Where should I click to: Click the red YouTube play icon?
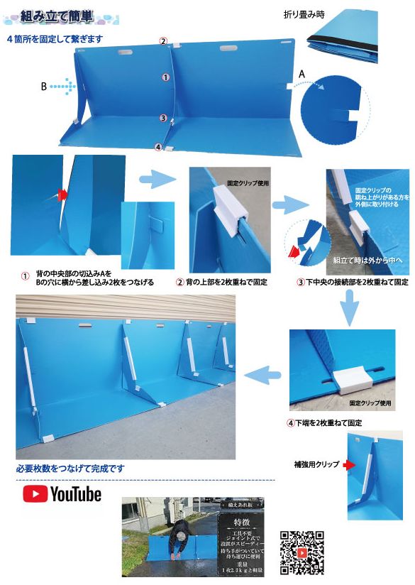coord(35,493)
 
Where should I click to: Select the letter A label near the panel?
coord(301,73)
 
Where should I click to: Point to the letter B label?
coord(44,86)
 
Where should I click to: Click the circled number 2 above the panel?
coord(163,41)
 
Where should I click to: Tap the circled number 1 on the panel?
coord(165,77)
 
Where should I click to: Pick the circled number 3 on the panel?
coord(163,118)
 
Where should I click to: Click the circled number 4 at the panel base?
coord(158,147)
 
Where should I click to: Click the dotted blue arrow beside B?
coord(63,86)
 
